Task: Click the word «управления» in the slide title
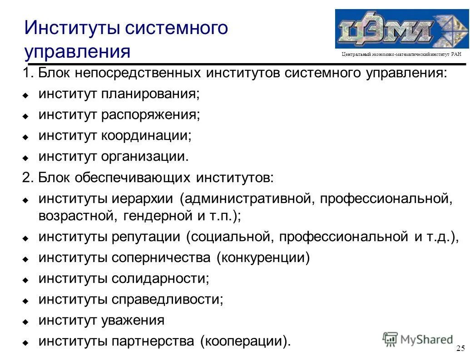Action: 78,52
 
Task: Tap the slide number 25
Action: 460,349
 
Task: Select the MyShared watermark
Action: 418,339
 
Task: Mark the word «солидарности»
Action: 160,278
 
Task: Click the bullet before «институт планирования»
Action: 26,96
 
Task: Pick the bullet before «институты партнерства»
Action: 26,342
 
